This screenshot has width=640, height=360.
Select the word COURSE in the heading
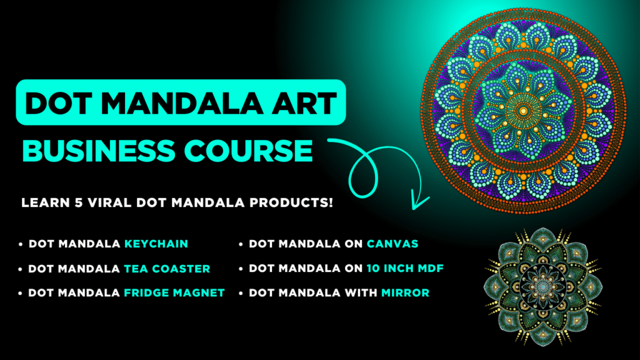(x=248, y=151)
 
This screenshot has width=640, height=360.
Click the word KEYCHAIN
(x=156, y=244)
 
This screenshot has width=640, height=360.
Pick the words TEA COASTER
(x=167, y=269)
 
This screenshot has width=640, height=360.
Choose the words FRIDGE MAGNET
(x=174, y=292)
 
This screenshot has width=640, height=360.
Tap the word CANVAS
(x=392, y=244)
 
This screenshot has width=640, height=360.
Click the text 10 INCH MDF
(x=405, y=268)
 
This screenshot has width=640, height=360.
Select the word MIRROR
(x=405, y=292)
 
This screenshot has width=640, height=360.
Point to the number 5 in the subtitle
(x=79, y=202)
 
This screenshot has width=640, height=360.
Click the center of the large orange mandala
(x=523, y=111)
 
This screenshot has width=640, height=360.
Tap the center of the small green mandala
(x=543, y=285)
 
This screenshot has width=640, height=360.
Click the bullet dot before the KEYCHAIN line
(x=21, y=244)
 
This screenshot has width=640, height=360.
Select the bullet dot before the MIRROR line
(x=241, y=294)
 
